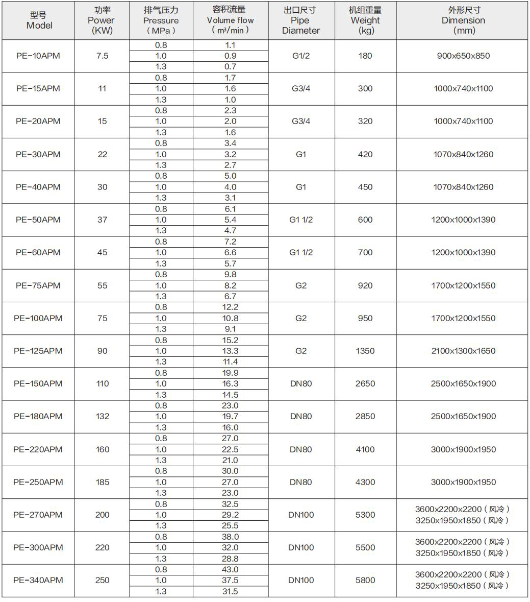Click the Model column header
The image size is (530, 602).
click(x=39, y=20)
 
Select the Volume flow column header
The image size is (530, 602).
click(x=230, y=20)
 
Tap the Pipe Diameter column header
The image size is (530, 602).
click(x=300, y=20)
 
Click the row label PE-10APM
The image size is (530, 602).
click(x=38, y=56)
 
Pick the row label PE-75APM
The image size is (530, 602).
click(x=38, y=285)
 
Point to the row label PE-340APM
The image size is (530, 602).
click(x=38, y=580)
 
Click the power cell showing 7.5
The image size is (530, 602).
click(x=102, y=56)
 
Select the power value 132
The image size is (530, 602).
click(x=102, y=416)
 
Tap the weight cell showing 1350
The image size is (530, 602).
click(x=365, y=351)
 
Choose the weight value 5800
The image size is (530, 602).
click(x=365, y=580)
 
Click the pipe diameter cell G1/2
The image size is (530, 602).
click(x=300, y=56)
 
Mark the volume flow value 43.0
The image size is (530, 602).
click(x=230, y=569)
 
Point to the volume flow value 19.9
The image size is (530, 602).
click(x=230, y=373)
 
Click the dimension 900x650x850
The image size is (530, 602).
click(x=463, y=56)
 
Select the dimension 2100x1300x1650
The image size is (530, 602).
click(x=463, y=351)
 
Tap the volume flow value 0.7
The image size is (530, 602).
click(x=230, y=67)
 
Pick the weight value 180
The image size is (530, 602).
click(x=365, y=56)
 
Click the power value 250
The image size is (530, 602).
click(x=102, y=580)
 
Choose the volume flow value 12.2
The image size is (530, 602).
click(x=230, y=307)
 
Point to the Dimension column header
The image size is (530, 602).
click(x=463, y=20)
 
